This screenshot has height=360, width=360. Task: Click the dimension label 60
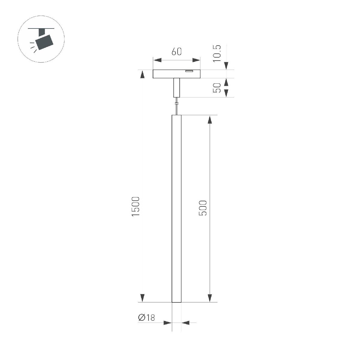coord(177,52)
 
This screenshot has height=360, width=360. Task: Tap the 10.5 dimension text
coord(217,53)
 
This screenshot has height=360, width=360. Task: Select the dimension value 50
coord(217,88)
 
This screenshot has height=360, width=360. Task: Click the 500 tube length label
coord(203,208)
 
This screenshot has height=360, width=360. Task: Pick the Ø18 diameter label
coord(146,318)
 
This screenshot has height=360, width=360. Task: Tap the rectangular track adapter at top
coord(176,74)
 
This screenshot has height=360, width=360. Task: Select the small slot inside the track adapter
coord(189,71)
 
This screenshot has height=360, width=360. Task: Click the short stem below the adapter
coord(176,87)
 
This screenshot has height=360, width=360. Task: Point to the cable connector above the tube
coord(176,104)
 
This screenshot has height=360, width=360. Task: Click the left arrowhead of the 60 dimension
coord(157,60)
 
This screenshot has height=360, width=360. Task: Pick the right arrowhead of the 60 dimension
coord(196,60)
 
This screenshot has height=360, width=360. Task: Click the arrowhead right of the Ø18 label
coord(186,323)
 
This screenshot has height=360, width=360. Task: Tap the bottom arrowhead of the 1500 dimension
coord(142,298)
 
